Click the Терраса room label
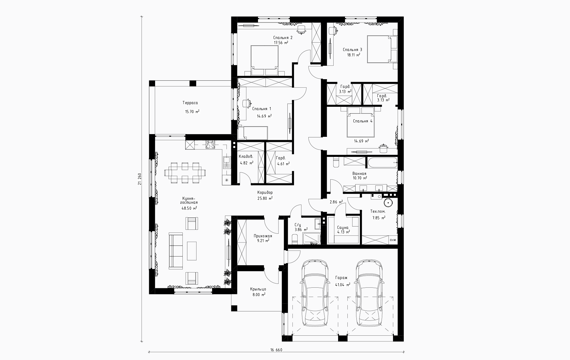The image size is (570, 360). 190,103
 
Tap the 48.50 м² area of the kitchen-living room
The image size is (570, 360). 189,208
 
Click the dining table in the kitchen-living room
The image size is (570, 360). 185,172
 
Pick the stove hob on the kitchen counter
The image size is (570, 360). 210,145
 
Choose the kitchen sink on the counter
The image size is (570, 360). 226,163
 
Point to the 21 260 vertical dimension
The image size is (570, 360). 139,179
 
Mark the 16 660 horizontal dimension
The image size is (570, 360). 276,350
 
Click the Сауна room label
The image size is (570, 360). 343,227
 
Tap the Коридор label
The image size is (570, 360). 265,193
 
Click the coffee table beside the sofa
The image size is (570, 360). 192,251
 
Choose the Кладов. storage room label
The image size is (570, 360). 246,157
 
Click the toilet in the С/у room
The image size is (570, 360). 294,240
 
